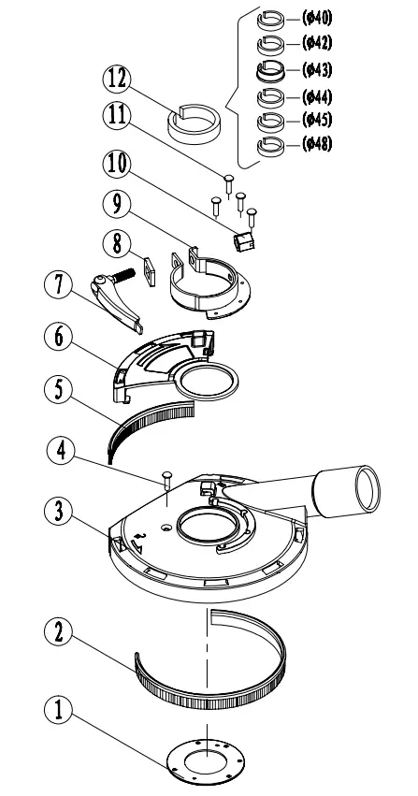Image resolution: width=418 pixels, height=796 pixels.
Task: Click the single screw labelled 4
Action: (x=166, y=481)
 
